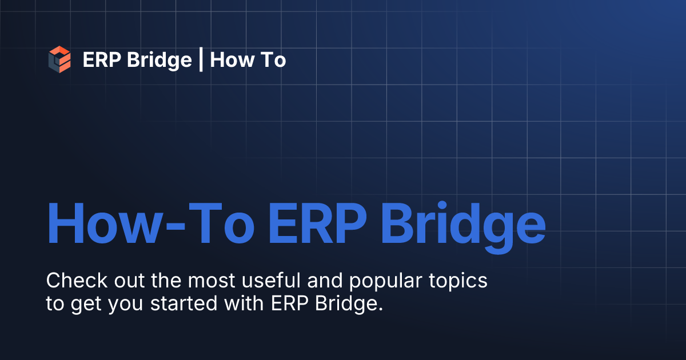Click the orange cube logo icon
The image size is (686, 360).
coord(59,59)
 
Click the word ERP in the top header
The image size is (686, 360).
coord(101,60)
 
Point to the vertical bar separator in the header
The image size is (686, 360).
coord(201,60)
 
